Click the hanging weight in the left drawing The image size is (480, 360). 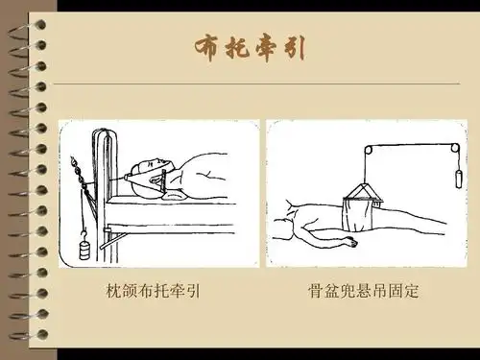point(84,249)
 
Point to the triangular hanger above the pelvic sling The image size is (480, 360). point(363,195)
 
